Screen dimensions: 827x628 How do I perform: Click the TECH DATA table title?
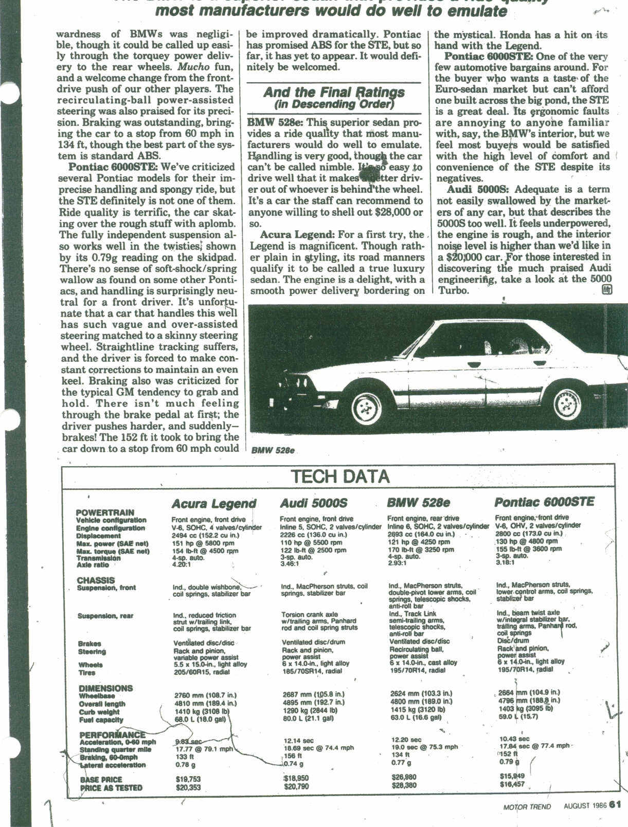(x=340, y=476)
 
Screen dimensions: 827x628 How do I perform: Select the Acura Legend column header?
(x=213, y=503)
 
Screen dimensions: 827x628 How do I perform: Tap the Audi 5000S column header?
(x=314, y=503)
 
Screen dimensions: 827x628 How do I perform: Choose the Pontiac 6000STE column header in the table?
(x=544, y=502)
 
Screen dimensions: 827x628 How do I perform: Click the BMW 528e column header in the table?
(x=418, y=502)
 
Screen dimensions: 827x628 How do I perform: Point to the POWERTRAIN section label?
(x=105, y=512)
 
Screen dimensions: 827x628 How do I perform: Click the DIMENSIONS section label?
(x=105, y=688)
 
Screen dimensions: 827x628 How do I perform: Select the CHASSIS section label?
(x=96, y=580)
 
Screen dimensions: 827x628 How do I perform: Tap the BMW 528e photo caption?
(x=273, y=450)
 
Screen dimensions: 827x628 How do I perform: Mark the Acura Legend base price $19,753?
(x=188, y=779)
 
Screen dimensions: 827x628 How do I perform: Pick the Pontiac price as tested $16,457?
(x=512, y=784)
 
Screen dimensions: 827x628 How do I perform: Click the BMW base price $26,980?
(x=404, y=777)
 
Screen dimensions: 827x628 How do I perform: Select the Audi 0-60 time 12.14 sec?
(x=299, y=741)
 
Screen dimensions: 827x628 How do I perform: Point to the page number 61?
(x=616, y=805)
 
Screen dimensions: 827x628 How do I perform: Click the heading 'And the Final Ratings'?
(x=334, y=93)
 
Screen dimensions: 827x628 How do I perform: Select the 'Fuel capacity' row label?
(x=101, y=720)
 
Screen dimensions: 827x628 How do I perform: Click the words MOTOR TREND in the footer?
(x=527, y=806)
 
